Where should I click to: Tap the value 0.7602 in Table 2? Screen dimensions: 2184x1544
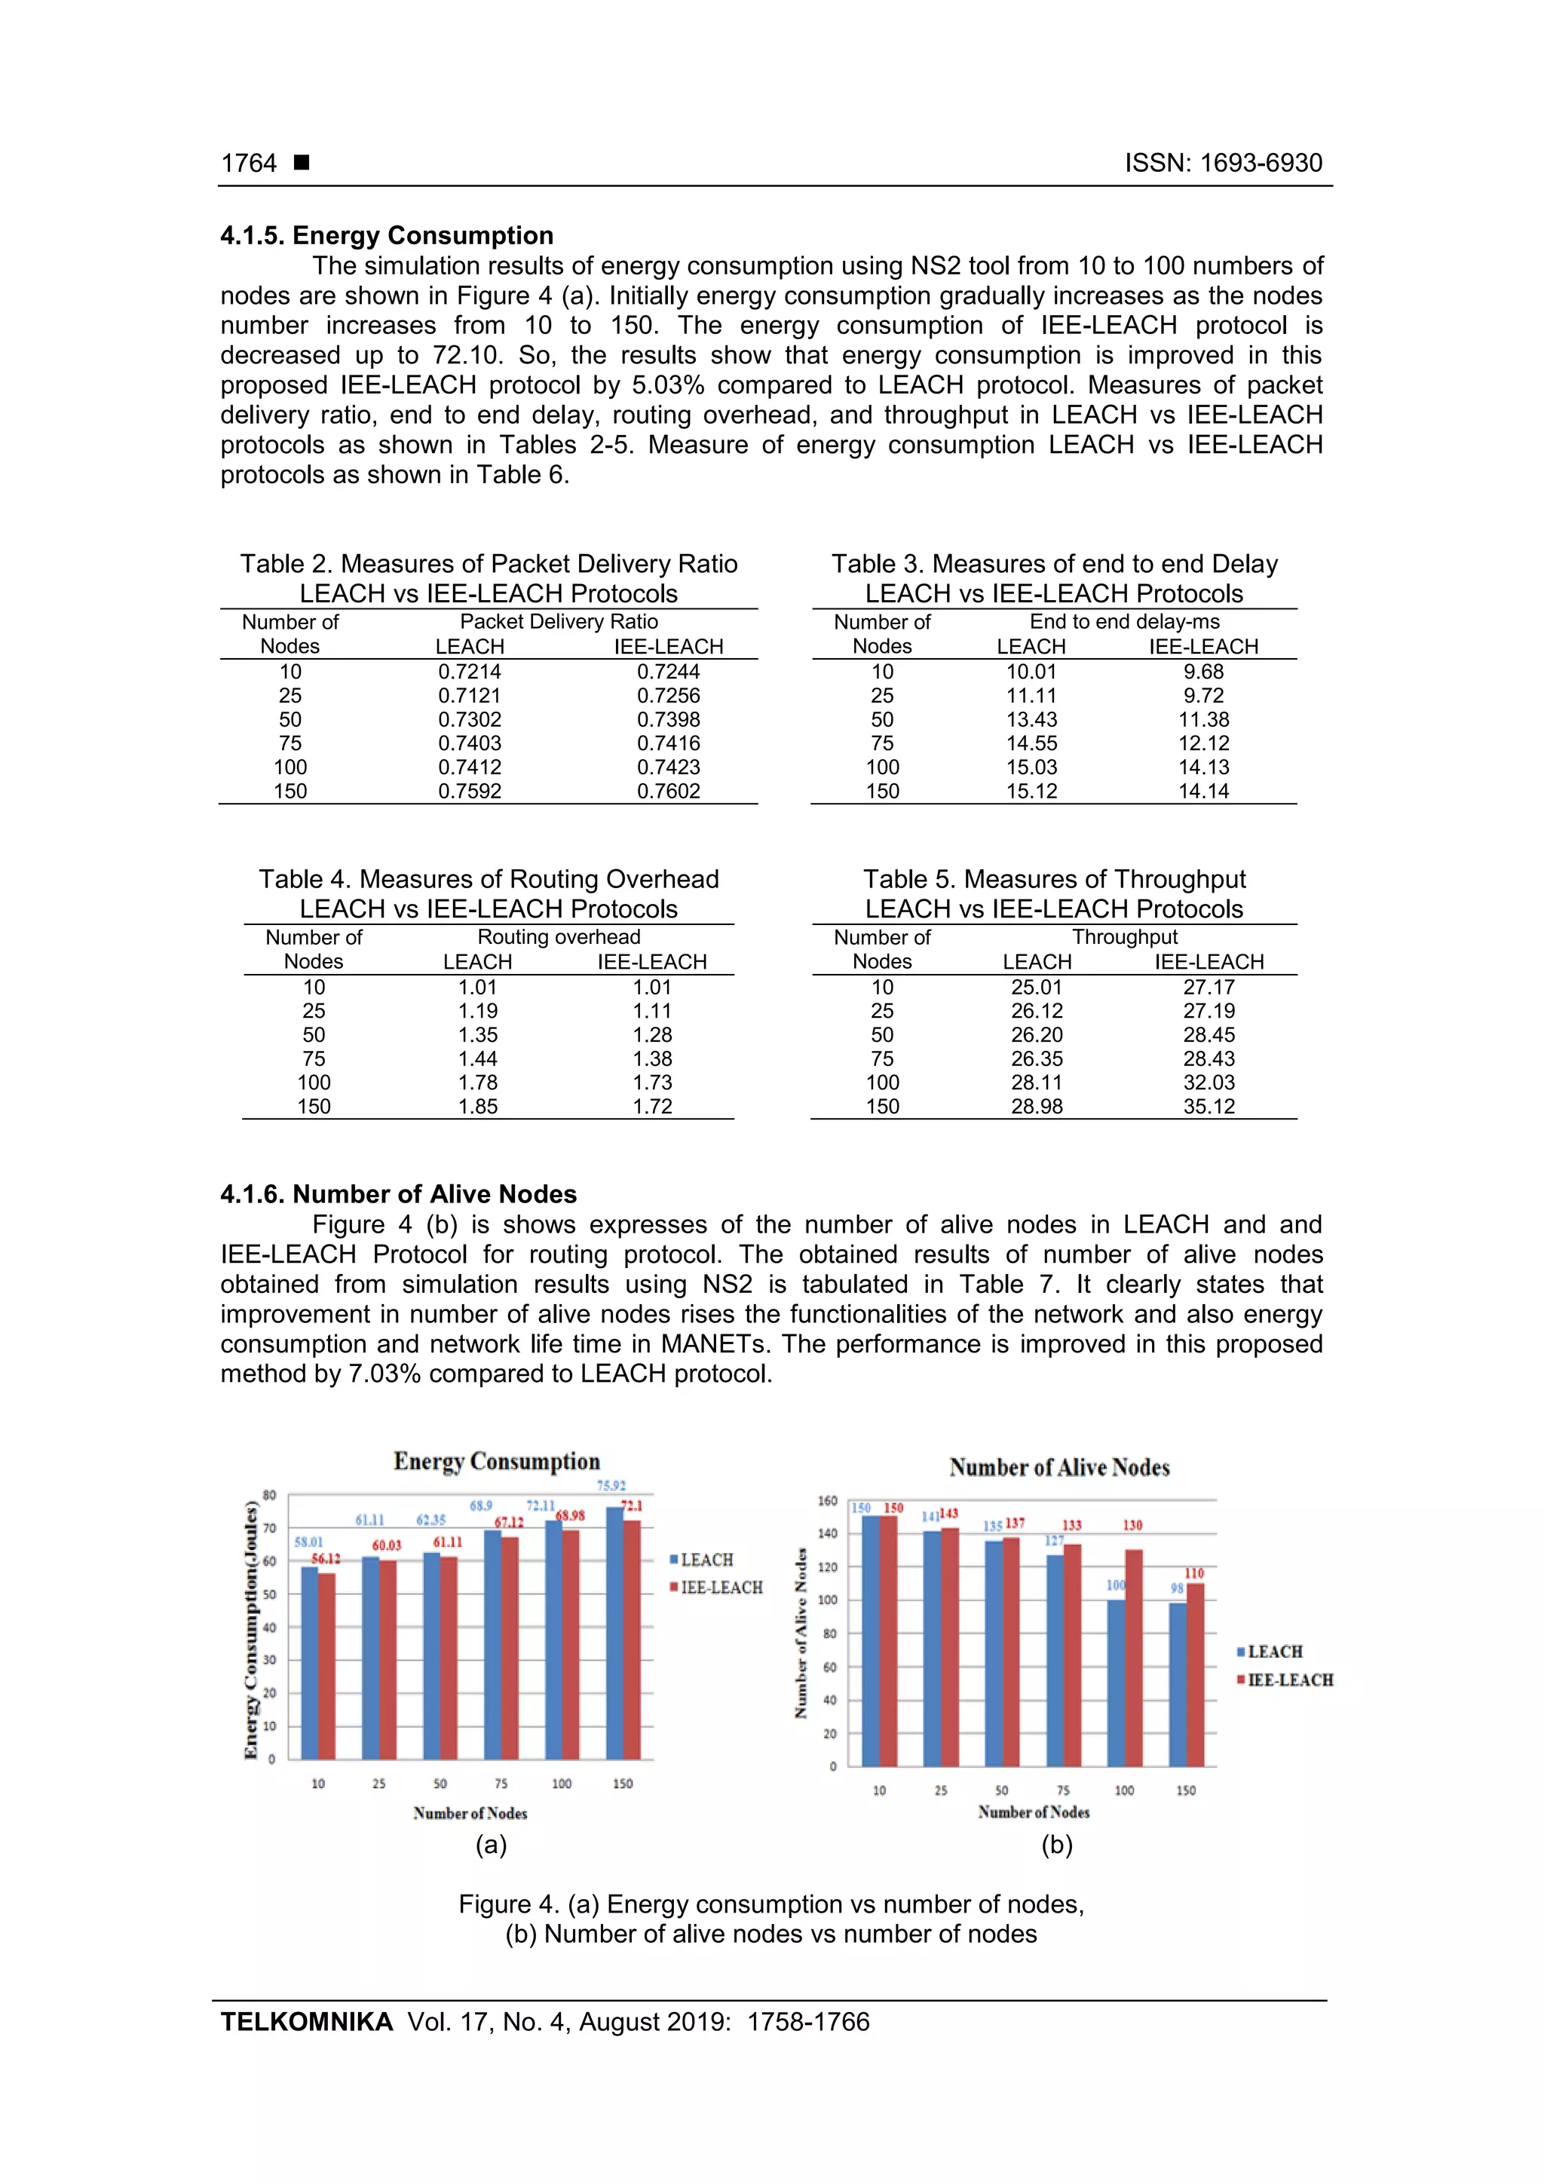[668, 792]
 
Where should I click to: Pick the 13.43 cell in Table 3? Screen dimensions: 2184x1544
[1031, 720]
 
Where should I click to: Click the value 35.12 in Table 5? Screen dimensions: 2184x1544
[1209, 1106]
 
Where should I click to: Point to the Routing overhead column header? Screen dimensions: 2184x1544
[559, 937]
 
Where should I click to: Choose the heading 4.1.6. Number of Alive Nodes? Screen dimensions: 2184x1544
[399, 1194]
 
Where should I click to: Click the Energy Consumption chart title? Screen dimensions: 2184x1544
[497, 1461]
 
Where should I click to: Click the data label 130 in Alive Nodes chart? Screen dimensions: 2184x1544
[1132, 1526]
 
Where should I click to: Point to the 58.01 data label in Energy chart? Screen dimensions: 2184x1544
[308, 1542]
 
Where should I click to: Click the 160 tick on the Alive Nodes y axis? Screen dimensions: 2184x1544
[828, 1502]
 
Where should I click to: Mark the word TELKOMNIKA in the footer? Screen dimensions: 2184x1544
[306, 2023]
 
